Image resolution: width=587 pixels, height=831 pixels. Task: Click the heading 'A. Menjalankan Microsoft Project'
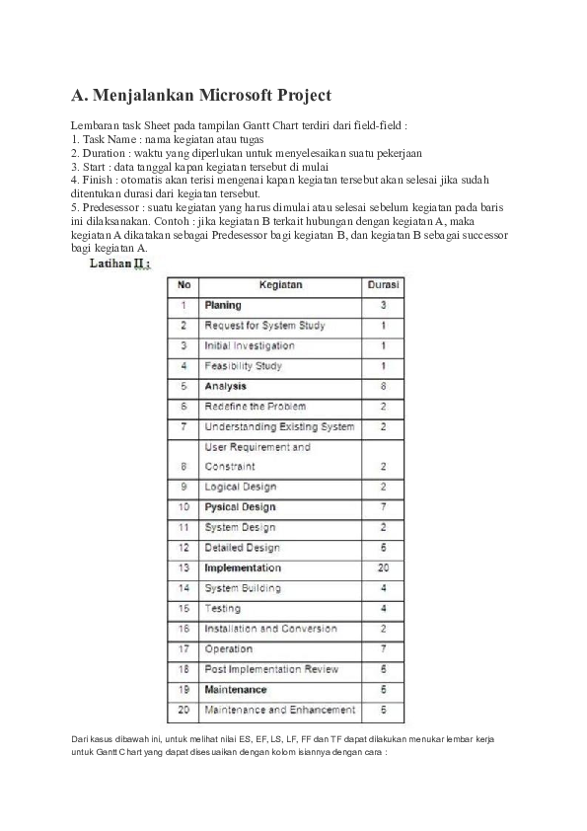pyautogui.click(x=200, y=96)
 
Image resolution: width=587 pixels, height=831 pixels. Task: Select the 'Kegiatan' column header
pyautogui.click(x=280, y=285)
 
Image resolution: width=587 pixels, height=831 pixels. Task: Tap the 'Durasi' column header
pyautogui.click(x=383, y=285)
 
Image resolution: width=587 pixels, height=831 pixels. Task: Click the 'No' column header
pyautogui.click(x=183, y=285)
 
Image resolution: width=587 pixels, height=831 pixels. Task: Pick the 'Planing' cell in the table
pyautogui.click(x=223, y=306)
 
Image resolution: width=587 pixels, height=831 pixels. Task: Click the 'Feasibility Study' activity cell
pyautogui.click(x=243, y=366)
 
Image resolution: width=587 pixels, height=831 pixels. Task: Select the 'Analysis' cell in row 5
pyautogui.click(x=225, y=386)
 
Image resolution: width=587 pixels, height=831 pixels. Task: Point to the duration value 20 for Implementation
pyautogui.click(x=383, y=568)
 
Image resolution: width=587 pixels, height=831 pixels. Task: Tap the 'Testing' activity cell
pyautogui.click(x=222, y=609)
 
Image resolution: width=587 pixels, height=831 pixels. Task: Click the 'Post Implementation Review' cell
pyautogui.click(x=271, y=669)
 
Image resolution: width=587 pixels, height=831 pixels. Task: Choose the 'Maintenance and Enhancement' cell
pyautogui.click(x=279, y=710)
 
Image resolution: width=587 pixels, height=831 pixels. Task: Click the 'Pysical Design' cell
pyautogui.click(x=240, y=507)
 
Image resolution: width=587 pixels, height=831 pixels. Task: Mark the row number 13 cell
pyautogui.click(x=183, y=568)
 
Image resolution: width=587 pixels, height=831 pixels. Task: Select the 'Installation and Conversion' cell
pyautogui.click(x=270, y=629)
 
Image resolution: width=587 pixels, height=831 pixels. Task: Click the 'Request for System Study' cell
pyautogui.click(x=264, y=326)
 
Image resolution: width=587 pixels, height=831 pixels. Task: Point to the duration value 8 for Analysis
pyautogui.click(x=383, y=386)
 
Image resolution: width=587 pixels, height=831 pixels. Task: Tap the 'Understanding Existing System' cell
pyautogui.click(x=279, y=426)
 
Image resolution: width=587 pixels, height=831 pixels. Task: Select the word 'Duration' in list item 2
pyautogui.click(x=103, y=154)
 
